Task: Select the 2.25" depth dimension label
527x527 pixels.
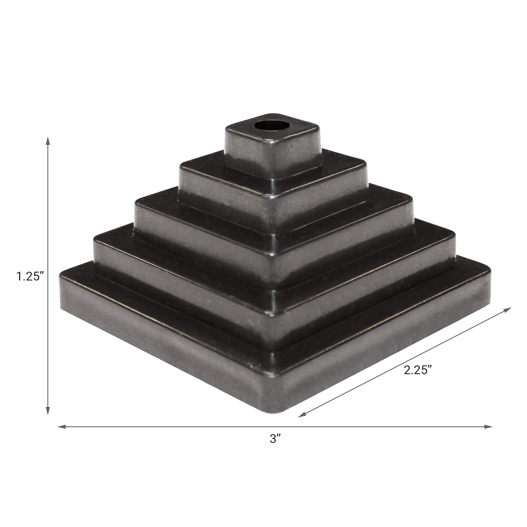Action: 418,370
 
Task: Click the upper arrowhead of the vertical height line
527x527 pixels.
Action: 48,140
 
